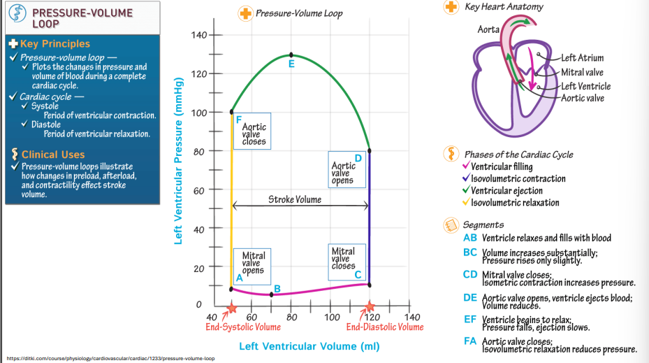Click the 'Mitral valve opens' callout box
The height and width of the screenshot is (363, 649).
(253, 264)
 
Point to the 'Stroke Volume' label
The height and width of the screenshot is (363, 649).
(295, 199)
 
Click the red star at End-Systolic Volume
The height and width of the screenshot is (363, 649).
(232, 308)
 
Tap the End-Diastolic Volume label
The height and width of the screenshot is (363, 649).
(385, 327)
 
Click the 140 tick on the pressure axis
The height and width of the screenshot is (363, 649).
(199, 35)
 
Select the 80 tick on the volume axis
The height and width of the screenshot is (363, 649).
(292, 318)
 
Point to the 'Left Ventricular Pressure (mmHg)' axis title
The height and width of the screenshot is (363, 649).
(179, 171)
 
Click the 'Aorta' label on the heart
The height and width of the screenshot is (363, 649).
(488, 29)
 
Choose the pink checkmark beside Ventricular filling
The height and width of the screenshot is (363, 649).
(466, 166)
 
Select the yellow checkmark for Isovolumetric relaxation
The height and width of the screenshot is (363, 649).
(466, 203)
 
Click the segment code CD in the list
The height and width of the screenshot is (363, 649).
(469, 274)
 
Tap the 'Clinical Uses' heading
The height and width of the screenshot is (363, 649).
(53, 155)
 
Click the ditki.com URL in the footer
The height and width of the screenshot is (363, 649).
(110, 358)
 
